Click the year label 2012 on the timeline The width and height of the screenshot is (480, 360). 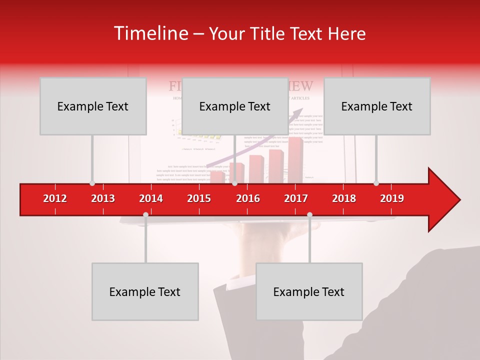[55, 198]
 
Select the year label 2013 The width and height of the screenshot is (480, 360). [103, 198]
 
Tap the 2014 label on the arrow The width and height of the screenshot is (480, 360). [151, 198]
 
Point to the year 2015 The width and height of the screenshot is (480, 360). [199, 198]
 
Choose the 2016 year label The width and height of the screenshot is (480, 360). [248, 198]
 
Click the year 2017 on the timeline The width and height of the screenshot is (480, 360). [296, 198]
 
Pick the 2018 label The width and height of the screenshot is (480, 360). [344, 198]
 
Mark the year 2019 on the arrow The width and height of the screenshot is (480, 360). [392, 198]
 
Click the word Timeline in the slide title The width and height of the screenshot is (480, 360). [150, 33]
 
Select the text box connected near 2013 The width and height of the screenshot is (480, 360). [93, 106]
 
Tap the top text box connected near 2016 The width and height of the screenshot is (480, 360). [235, 106]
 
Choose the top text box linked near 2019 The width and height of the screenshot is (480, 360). [377, 106]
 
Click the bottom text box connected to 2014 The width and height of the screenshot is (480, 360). [145, 291]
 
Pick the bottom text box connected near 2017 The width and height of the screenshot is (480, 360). [309, 291]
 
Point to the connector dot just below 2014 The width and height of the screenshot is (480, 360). [145, 214]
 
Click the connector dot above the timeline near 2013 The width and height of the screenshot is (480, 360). [92, 183]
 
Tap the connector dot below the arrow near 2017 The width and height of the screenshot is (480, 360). [309, 214]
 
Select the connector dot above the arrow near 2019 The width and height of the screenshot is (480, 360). [376, 183]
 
